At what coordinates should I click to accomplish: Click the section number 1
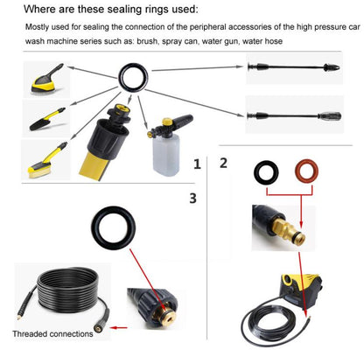[x=197, y=163]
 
